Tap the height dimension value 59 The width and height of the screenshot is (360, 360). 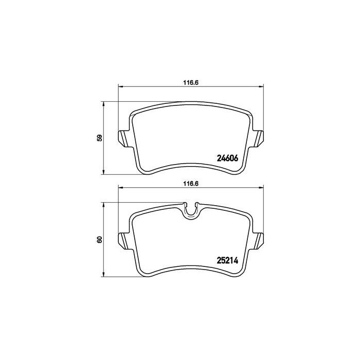click(x=100, y=138)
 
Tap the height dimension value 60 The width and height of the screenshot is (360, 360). click(x=100, y=239)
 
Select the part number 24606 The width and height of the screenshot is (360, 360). click(x=227, y=158)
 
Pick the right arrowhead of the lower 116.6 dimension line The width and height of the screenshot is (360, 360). click(x=262, y=187)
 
